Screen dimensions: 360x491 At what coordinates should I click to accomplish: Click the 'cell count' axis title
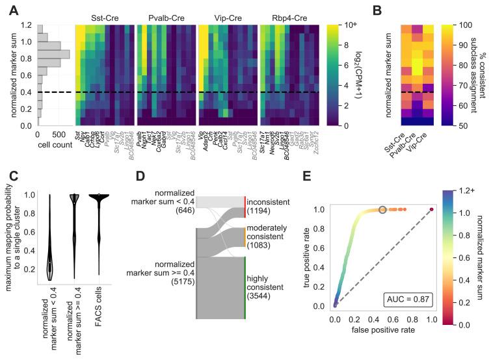point(55,144)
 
